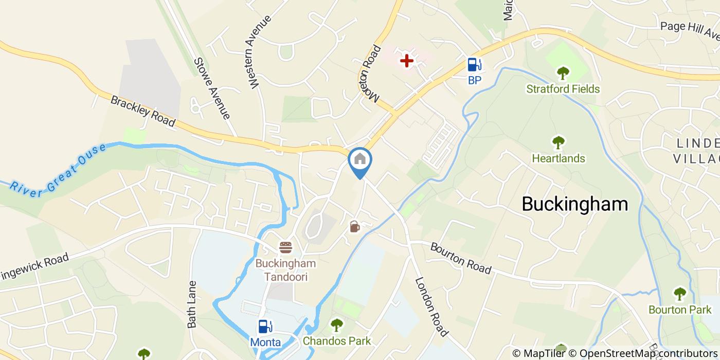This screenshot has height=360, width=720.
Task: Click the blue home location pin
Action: [360, 160]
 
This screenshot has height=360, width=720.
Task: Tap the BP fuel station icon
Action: [474, 65]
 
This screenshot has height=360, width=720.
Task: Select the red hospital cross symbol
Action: [407, 61]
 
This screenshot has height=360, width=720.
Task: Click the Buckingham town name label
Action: [574, 204]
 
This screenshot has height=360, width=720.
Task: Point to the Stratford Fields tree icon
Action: [563, 73]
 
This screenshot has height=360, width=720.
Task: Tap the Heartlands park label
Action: [558, 158]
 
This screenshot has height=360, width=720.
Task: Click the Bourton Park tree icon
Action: [680, 294]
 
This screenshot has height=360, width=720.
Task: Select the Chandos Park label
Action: [336, 341]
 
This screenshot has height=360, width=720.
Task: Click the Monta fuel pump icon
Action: [265, 327]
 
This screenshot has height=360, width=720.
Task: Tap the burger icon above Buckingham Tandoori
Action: [285, 247]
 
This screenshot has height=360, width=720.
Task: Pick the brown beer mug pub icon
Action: [354, 226]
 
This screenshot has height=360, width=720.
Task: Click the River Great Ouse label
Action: [57, 169]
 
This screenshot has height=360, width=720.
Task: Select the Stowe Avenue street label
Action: [211, 88]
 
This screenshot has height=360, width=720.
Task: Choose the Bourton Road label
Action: [461, 258]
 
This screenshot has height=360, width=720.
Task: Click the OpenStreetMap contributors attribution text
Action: [649, 353]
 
